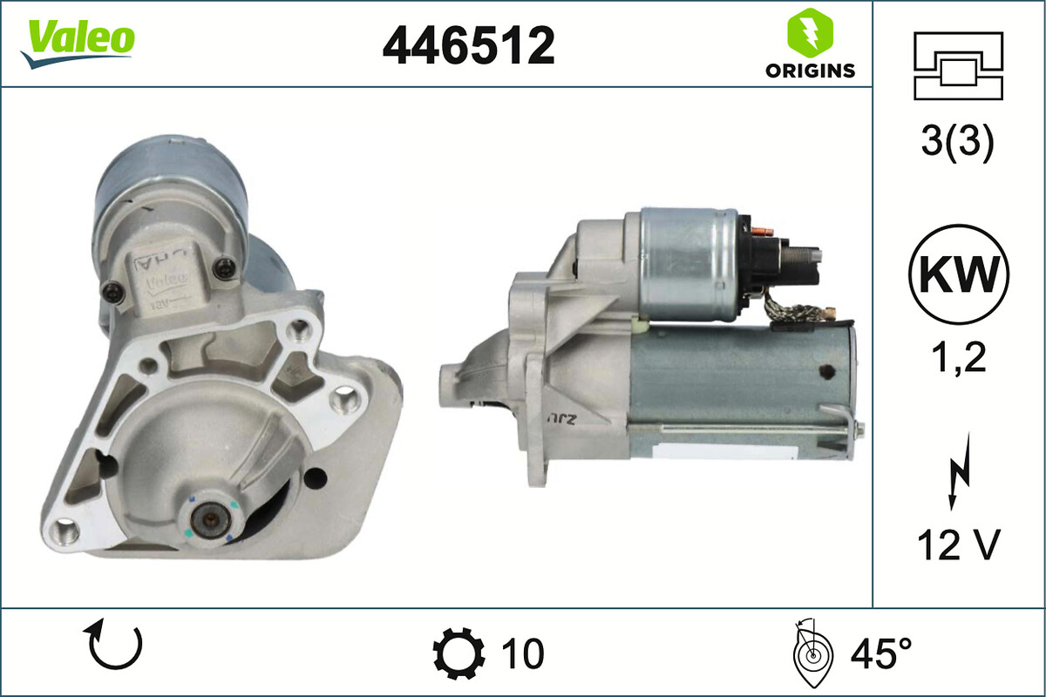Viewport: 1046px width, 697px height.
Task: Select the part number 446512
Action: click(468, 45)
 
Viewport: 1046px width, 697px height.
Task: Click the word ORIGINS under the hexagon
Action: click(810, 71)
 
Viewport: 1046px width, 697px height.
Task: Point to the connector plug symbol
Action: click(958, 66)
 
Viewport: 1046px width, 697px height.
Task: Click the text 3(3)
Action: click(957, 144)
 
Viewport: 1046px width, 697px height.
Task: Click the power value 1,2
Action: click(957, 357)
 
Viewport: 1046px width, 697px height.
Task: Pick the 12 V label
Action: click(957, 546)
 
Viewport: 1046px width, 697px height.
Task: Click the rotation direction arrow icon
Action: click(115, 646)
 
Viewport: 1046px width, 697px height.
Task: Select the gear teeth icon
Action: click(458, 653)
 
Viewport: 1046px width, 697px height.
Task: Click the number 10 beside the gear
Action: click(522, 653)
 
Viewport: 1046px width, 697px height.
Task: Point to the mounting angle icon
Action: click(810, 653)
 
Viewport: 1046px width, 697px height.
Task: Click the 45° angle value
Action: click(880, 653)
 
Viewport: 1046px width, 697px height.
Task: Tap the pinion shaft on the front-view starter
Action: click(210, 520)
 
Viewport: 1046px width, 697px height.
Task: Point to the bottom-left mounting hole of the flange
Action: click(66, 528)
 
